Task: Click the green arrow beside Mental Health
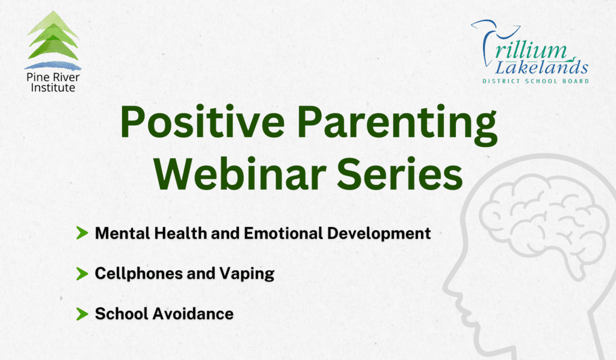[x=82, y=234]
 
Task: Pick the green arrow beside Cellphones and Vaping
[x=82, y=274]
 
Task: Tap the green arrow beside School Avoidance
[x=82, y=314]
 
